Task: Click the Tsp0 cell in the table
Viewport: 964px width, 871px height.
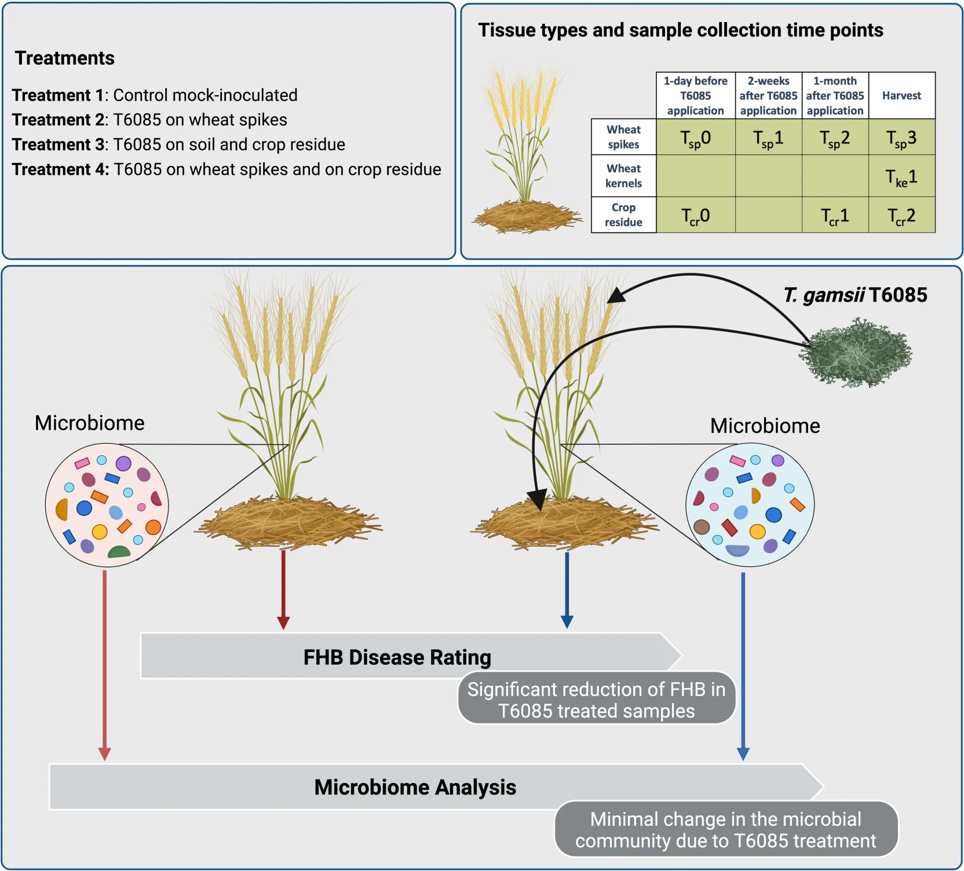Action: tap(695, 138)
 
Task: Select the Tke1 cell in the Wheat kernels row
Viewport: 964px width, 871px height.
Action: tap(901, 177)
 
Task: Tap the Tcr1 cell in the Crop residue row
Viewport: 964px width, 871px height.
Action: tap(835, 216)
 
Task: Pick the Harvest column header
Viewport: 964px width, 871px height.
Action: tap(901, 96)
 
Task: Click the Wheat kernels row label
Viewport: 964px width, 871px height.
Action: tap(623, 176)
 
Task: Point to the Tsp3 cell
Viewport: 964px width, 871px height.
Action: tap(901, 138)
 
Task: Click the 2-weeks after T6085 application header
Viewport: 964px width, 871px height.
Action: tap(768, 96)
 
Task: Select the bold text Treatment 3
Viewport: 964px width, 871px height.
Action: tap(58, 144)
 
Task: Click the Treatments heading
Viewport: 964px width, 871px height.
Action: tap(65, 58)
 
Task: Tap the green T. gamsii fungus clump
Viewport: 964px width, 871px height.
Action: tap(856, 353)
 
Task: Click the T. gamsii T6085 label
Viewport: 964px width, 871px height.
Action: tap(855, 295)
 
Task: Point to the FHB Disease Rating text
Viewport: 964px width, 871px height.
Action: tap(397, 657)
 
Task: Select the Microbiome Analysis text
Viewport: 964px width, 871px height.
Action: tap(415, 787)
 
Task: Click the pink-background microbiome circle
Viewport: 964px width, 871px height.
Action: tap(107, 504)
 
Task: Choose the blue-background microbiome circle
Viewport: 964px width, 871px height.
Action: tap(750, 504)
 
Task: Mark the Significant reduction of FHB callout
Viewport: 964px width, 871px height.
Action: tap(596, 700)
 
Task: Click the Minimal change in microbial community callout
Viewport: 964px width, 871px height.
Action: tap(725, 829)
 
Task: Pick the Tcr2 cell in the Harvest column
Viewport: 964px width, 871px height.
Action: tap(901, 216)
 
